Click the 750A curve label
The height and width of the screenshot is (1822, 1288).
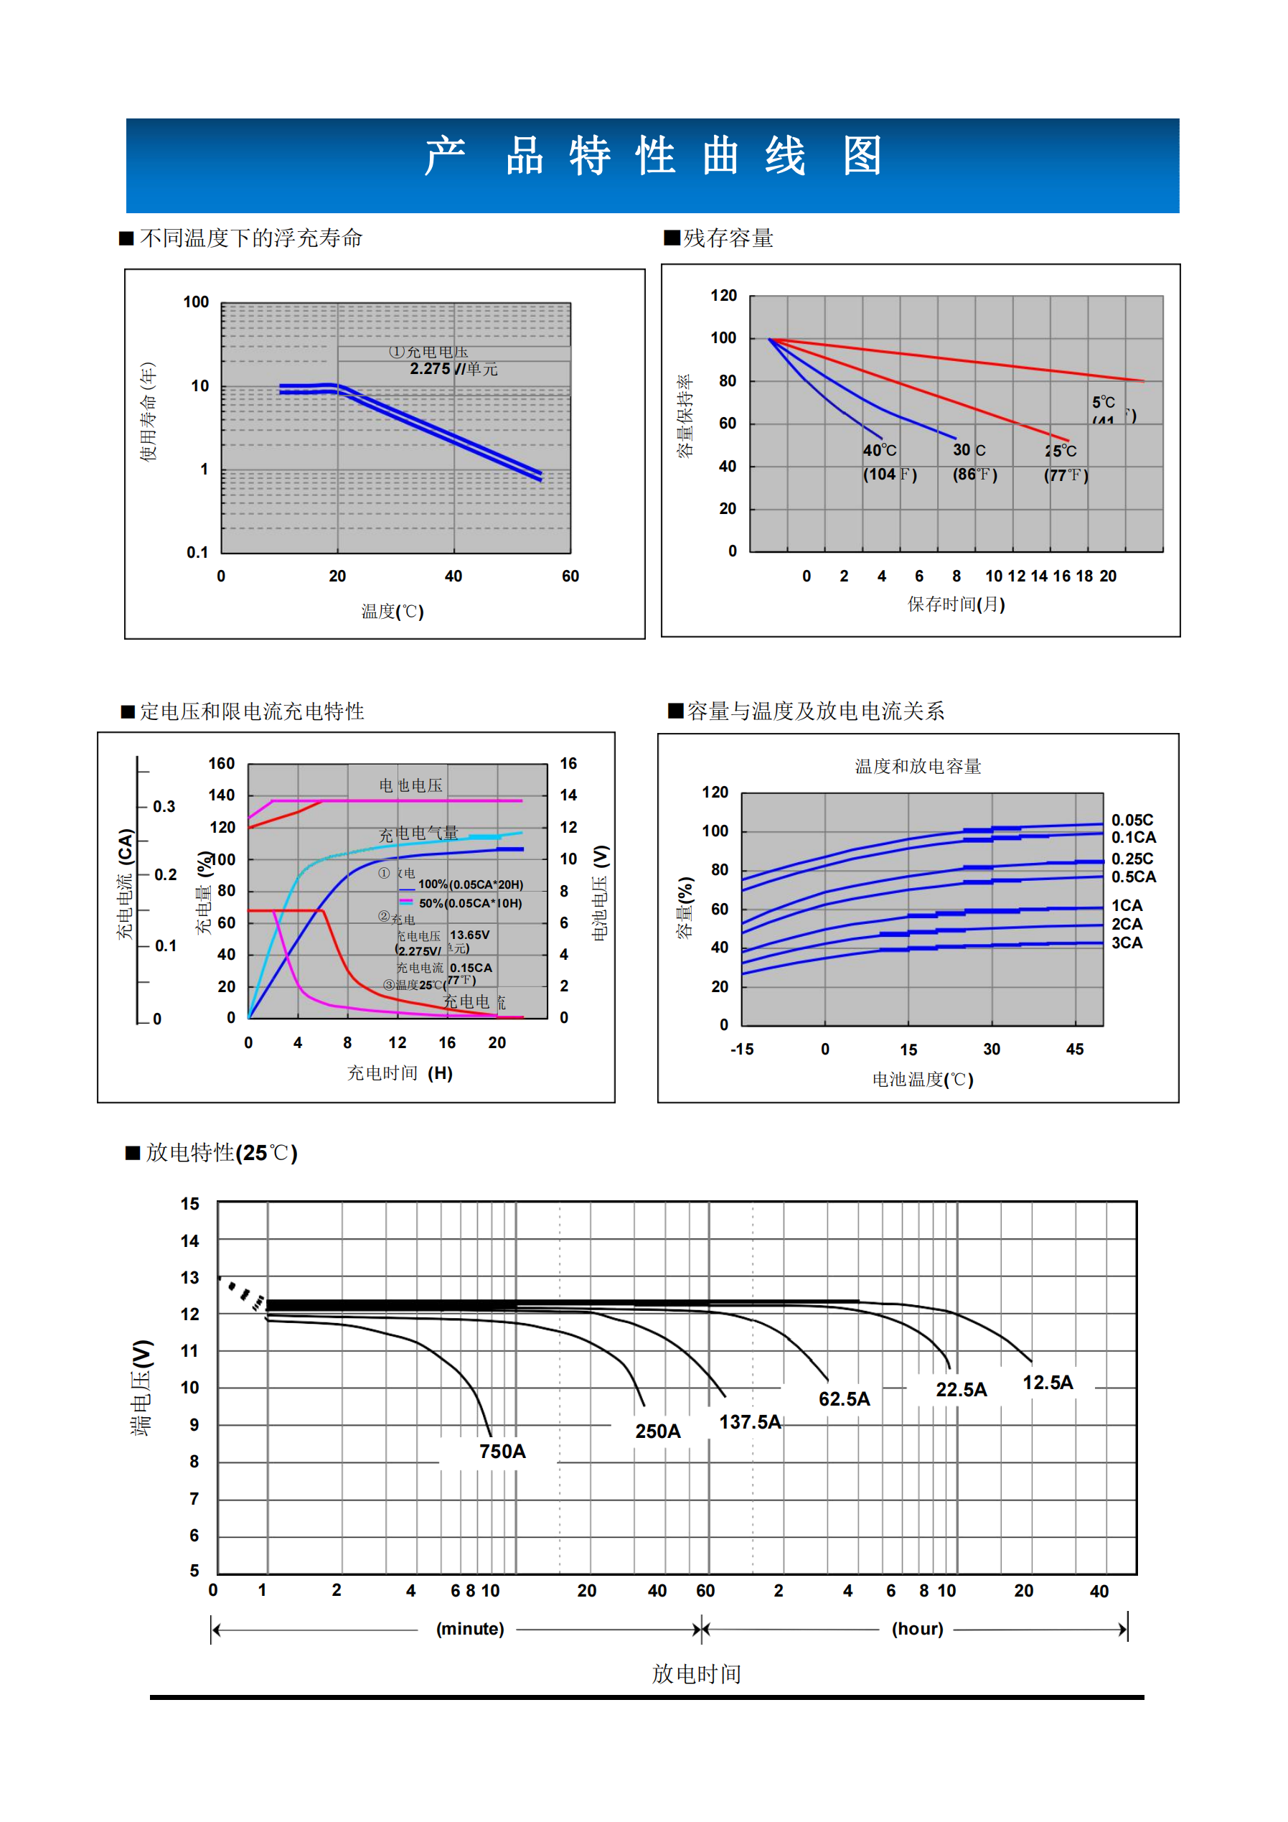tap(502, 1452)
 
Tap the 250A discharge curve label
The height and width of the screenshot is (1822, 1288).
tap(657, 1431)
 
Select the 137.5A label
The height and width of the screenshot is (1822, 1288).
tap(750, 1422)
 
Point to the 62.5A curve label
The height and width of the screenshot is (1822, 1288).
tap(844, 1399)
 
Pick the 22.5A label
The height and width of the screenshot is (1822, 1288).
tap(962, 1390)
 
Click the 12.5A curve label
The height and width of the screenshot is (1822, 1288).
tap(1047, 1383)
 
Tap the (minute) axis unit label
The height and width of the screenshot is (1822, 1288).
tap(469, 1628)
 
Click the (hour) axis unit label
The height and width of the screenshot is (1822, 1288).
tap(918, 1628)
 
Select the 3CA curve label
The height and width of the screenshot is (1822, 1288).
tap(1127, 943)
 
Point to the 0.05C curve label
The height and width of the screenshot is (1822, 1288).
tap(1132, 820)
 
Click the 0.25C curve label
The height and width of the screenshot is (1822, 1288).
tap(1132, 859)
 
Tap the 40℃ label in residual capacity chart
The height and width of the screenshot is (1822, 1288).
tap(880, 450)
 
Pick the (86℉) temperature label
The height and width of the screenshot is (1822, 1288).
tap(974, 475)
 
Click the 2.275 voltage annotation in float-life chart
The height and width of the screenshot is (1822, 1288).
tap(430, 369)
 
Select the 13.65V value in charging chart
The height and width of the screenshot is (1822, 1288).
tap(469, 935)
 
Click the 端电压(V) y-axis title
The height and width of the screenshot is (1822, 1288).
tap(142, 1388)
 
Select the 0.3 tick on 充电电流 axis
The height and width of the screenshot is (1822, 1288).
tap(164, 806)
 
